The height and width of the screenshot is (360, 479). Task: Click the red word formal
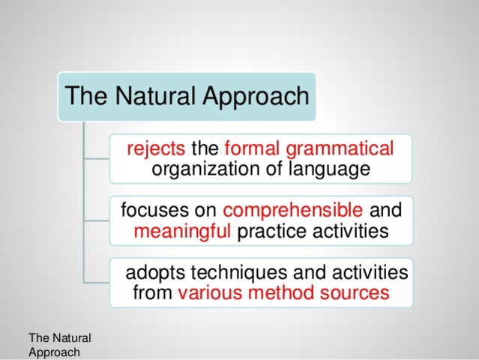253,148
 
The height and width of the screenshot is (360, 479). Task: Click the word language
330,169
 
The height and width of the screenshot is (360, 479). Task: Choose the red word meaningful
182,232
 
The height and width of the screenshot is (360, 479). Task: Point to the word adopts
153,271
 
